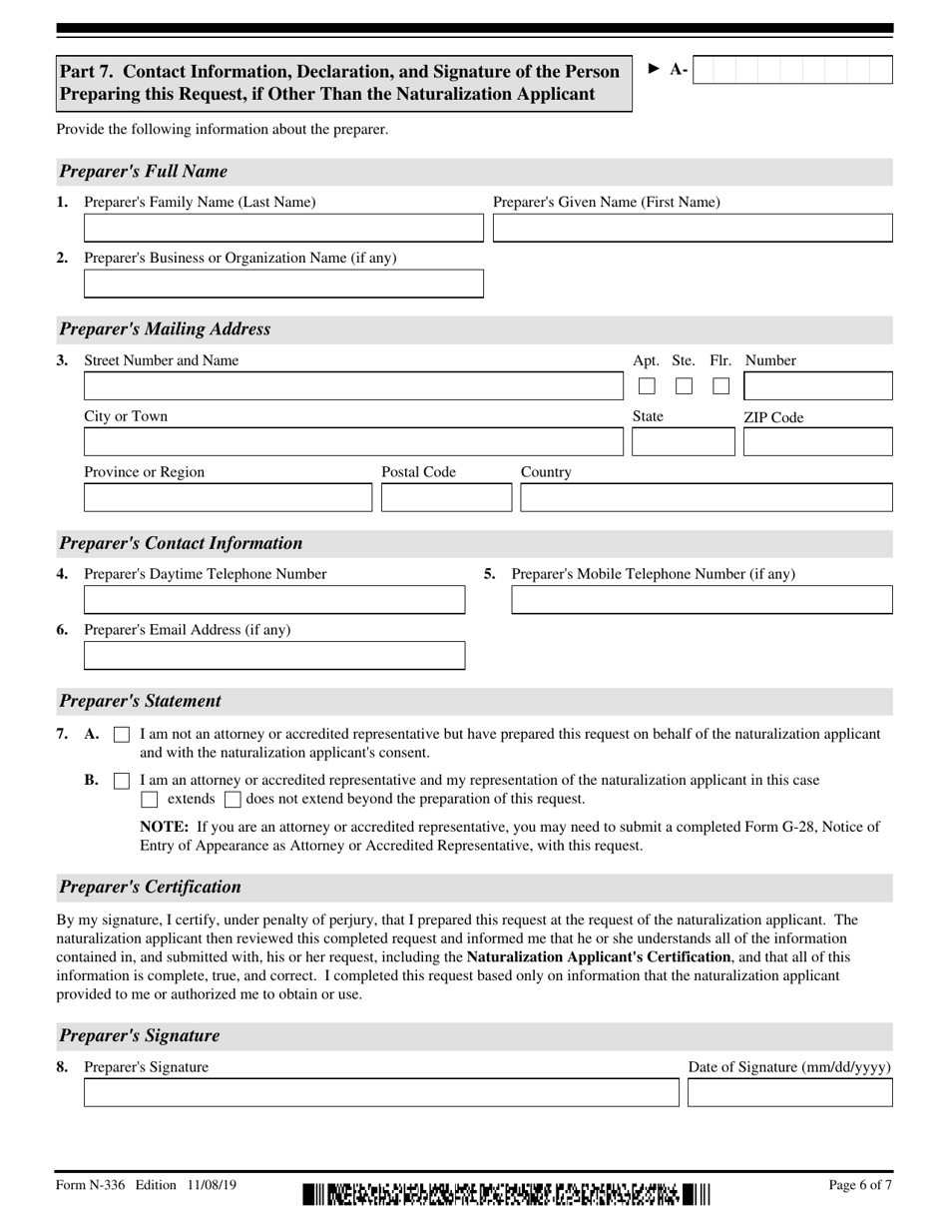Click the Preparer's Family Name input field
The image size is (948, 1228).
(282, 229)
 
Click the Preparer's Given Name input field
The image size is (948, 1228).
(693, 229)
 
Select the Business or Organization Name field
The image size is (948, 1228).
(282, 285)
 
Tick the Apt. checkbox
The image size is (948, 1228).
(647, 386)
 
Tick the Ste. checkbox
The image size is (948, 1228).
(684, 386)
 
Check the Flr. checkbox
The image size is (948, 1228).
(720, 386)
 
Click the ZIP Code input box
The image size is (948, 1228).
(817, 442)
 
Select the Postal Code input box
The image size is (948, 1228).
(444, 498)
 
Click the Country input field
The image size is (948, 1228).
(706, 498)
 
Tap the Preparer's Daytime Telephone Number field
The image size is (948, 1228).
(273, 600)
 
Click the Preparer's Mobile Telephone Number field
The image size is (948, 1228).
(702, 600)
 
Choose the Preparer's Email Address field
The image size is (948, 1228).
(273, 656)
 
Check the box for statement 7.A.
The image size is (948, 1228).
(122, 735)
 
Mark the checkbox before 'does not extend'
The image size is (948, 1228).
(233, 799)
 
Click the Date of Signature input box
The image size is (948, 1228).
(790, 1093)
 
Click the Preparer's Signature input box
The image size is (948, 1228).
(380, 1093)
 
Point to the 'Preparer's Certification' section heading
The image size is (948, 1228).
(150, 887)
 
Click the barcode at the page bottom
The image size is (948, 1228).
(506, 1193)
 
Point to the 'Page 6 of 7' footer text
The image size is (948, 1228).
(860, 1186)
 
